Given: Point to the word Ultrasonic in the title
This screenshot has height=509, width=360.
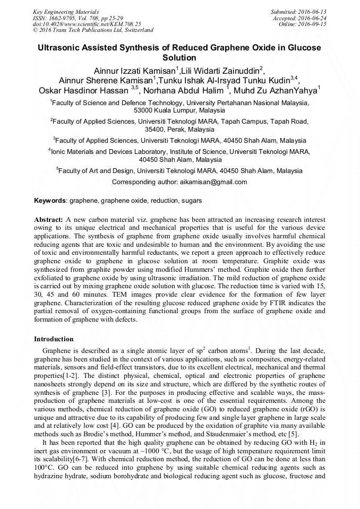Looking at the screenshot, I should point(57,47).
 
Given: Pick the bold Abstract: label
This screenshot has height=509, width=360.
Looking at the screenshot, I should point(48,219).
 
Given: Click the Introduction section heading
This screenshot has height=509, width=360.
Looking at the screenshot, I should point(54,339).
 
